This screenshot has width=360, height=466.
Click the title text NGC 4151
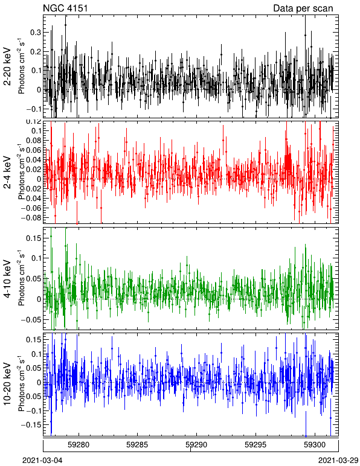tap(65, 8)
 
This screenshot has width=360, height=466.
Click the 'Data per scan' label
tap(303, 8)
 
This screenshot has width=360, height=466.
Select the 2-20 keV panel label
tap(7, 66)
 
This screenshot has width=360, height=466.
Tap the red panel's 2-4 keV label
tap(7, 173)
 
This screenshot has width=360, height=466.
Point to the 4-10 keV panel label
tap(7, 279)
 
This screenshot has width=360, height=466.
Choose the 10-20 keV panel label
tap(7, 384)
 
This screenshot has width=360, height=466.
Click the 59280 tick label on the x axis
tap(79, 445)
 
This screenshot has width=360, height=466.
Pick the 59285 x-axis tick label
tap(138, 445)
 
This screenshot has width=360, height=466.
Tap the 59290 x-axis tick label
tap(196, 445)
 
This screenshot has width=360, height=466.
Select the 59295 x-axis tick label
tap(256, 445)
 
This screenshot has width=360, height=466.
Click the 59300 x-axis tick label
tap(314, 445)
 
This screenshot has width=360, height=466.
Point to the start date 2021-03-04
tap(42, 461)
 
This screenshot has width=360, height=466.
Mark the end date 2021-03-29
tap(338, 461)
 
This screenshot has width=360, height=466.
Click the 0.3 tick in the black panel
tap(36, 33)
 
